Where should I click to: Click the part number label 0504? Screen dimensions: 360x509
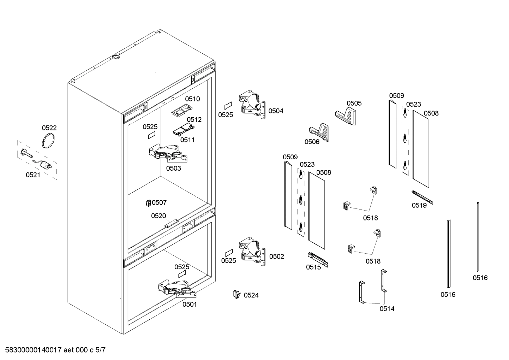point(276,111)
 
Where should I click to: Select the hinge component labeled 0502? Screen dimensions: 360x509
point(252,252)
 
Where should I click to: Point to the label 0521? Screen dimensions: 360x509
point(33,175)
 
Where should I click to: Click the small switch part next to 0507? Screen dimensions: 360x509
point(148,203)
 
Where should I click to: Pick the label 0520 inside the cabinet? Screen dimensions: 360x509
point(158,216)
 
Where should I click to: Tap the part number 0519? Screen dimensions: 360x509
point(419,205)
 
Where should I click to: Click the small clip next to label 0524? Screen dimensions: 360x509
point(236,294)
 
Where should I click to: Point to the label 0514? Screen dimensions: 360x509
point(387,309)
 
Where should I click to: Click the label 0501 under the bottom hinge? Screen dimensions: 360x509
point(190,304)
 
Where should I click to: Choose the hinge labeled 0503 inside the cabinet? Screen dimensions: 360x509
point(168,153)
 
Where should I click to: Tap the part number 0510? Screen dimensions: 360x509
point(192,99)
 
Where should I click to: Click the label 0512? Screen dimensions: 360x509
point(194,119)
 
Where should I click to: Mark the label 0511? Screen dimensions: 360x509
point(187,140)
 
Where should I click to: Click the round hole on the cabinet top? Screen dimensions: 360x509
point(116,57)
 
